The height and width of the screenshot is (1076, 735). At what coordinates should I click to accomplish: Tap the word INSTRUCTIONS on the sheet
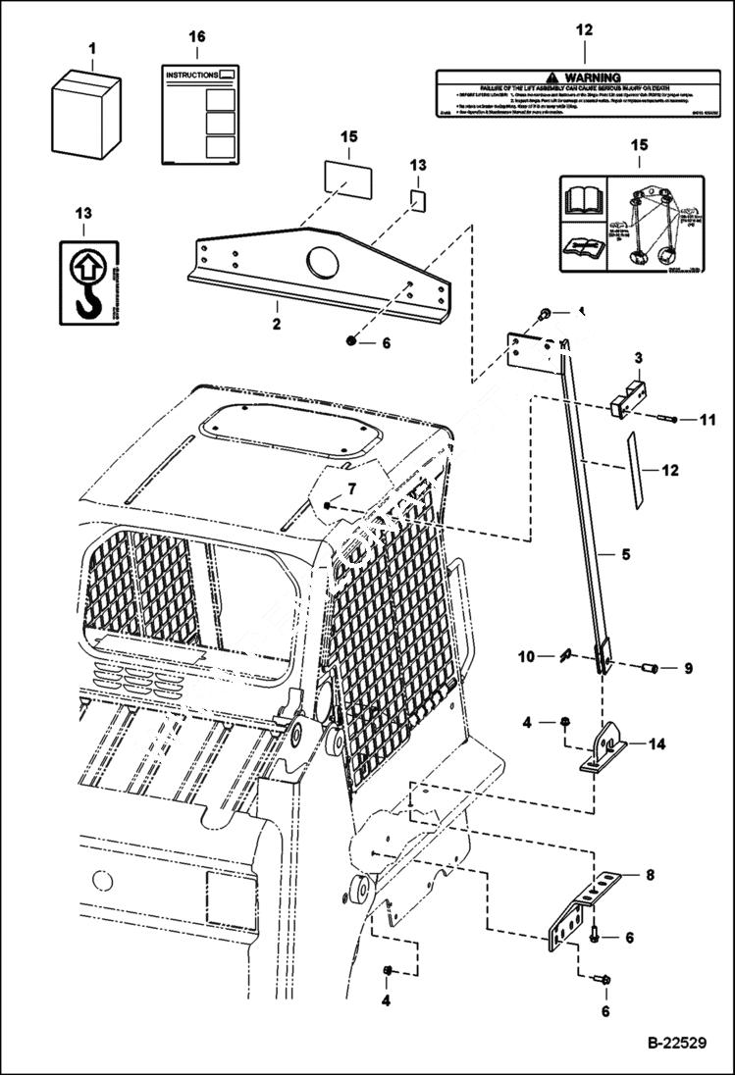click(189, 75)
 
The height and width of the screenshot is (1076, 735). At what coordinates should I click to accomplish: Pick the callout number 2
click(276, 323)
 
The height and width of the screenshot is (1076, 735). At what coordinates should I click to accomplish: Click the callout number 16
click(197, 36)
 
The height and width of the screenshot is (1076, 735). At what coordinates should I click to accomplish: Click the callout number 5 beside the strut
click(624, 553)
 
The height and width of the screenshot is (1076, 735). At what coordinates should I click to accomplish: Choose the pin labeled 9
click(648, 669)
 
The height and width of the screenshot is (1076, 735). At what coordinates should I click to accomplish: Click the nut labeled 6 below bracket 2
click(353, 341)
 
